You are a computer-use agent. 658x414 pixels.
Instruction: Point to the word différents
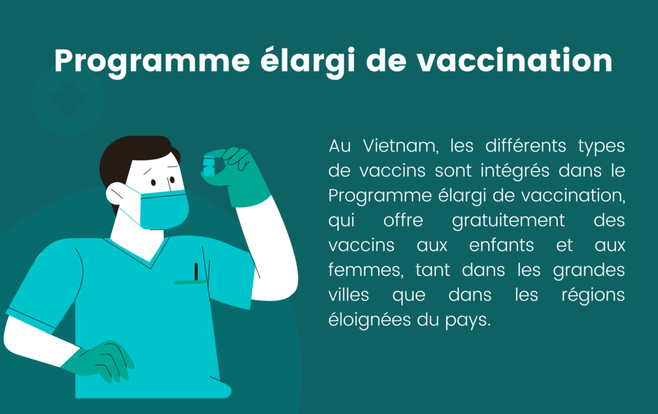(526, 146)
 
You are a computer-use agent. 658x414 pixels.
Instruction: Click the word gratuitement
(508, 221)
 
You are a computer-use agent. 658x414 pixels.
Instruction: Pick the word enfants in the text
(501, 245)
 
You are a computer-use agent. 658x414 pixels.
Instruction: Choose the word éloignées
(369, 320)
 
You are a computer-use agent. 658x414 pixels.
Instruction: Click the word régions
(593, 295)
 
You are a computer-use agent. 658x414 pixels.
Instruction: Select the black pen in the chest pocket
(196, 272)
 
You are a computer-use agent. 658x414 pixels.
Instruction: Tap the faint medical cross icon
(68, 99)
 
